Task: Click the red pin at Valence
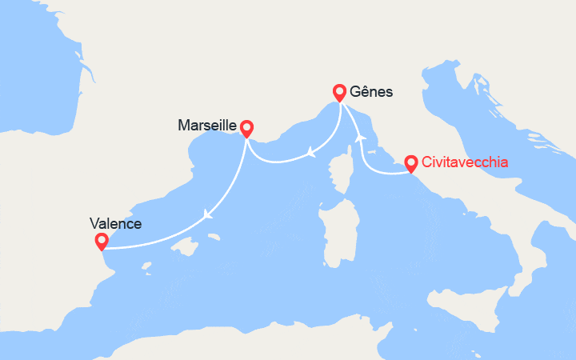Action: coord(101,241)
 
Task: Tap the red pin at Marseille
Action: coord(246,127)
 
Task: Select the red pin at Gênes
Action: coord(339,91)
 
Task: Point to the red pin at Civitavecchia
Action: coord(410,162)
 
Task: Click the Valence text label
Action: coord(116,224)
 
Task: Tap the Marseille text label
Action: coord(207,126)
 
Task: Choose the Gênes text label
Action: coord(372,91)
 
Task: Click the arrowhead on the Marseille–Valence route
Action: coord(208,214)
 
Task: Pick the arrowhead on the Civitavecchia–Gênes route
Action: coord(360,138)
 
